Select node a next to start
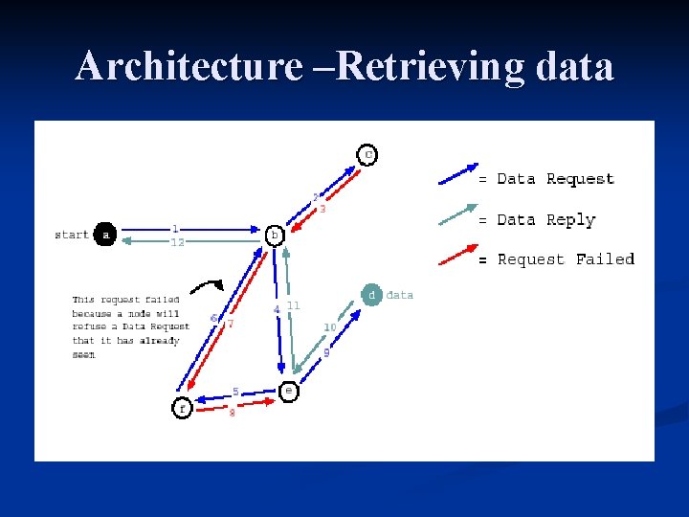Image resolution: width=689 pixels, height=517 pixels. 104,235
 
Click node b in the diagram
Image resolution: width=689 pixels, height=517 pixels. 275,235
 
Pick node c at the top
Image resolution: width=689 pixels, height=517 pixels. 367,154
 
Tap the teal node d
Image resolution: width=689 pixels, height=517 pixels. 371,295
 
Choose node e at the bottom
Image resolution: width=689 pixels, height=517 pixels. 288,391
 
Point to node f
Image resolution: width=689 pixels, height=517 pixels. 182,408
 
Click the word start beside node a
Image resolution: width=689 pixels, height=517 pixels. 72,235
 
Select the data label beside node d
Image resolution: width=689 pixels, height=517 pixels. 400,295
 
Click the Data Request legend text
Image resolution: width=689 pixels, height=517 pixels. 555,179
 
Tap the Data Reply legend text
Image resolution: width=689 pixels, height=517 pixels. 545,219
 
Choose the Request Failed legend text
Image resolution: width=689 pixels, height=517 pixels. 566,259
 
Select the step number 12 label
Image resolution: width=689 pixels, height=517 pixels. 177,243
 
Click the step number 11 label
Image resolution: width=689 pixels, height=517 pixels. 294,304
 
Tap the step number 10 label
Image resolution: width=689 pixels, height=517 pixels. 329,327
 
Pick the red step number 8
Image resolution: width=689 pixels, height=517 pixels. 232,413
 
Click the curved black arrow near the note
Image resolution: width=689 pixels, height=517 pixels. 206,285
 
